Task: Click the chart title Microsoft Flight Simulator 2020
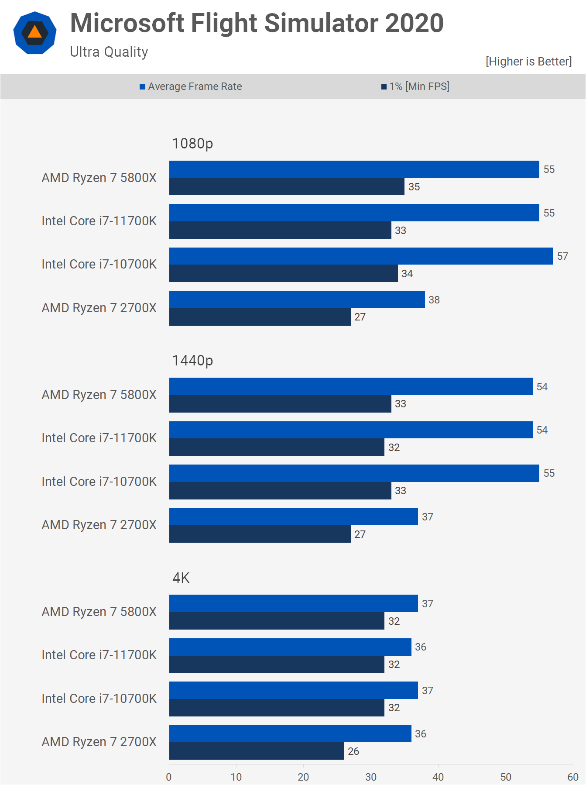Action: pos(257,23)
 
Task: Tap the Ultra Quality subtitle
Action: pos(109,52)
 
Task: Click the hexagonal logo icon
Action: pos(35,33)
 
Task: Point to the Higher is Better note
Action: pos(528,62)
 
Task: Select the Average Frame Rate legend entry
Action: pos(191,86)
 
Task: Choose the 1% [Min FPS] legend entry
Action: pos(415,86)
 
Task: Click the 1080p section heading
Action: pos(192,144)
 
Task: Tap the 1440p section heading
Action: pos(192,361)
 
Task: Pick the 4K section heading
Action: pos(181,578)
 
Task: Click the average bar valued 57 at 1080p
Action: pos(361,256)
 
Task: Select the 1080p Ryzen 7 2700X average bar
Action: pos(297,300)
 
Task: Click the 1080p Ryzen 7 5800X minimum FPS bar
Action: pos(287,187)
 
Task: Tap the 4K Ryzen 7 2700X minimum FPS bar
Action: pos(257,751)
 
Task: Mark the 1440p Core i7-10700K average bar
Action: pos(354,473)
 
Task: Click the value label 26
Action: pos(353,751)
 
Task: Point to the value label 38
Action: pos(434,300)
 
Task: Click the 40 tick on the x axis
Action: pos(438,777)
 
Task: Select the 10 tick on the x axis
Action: pos(236,777)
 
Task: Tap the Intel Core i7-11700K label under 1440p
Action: pos(99,438)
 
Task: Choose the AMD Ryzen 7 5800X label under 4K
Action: pos(99,612)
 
